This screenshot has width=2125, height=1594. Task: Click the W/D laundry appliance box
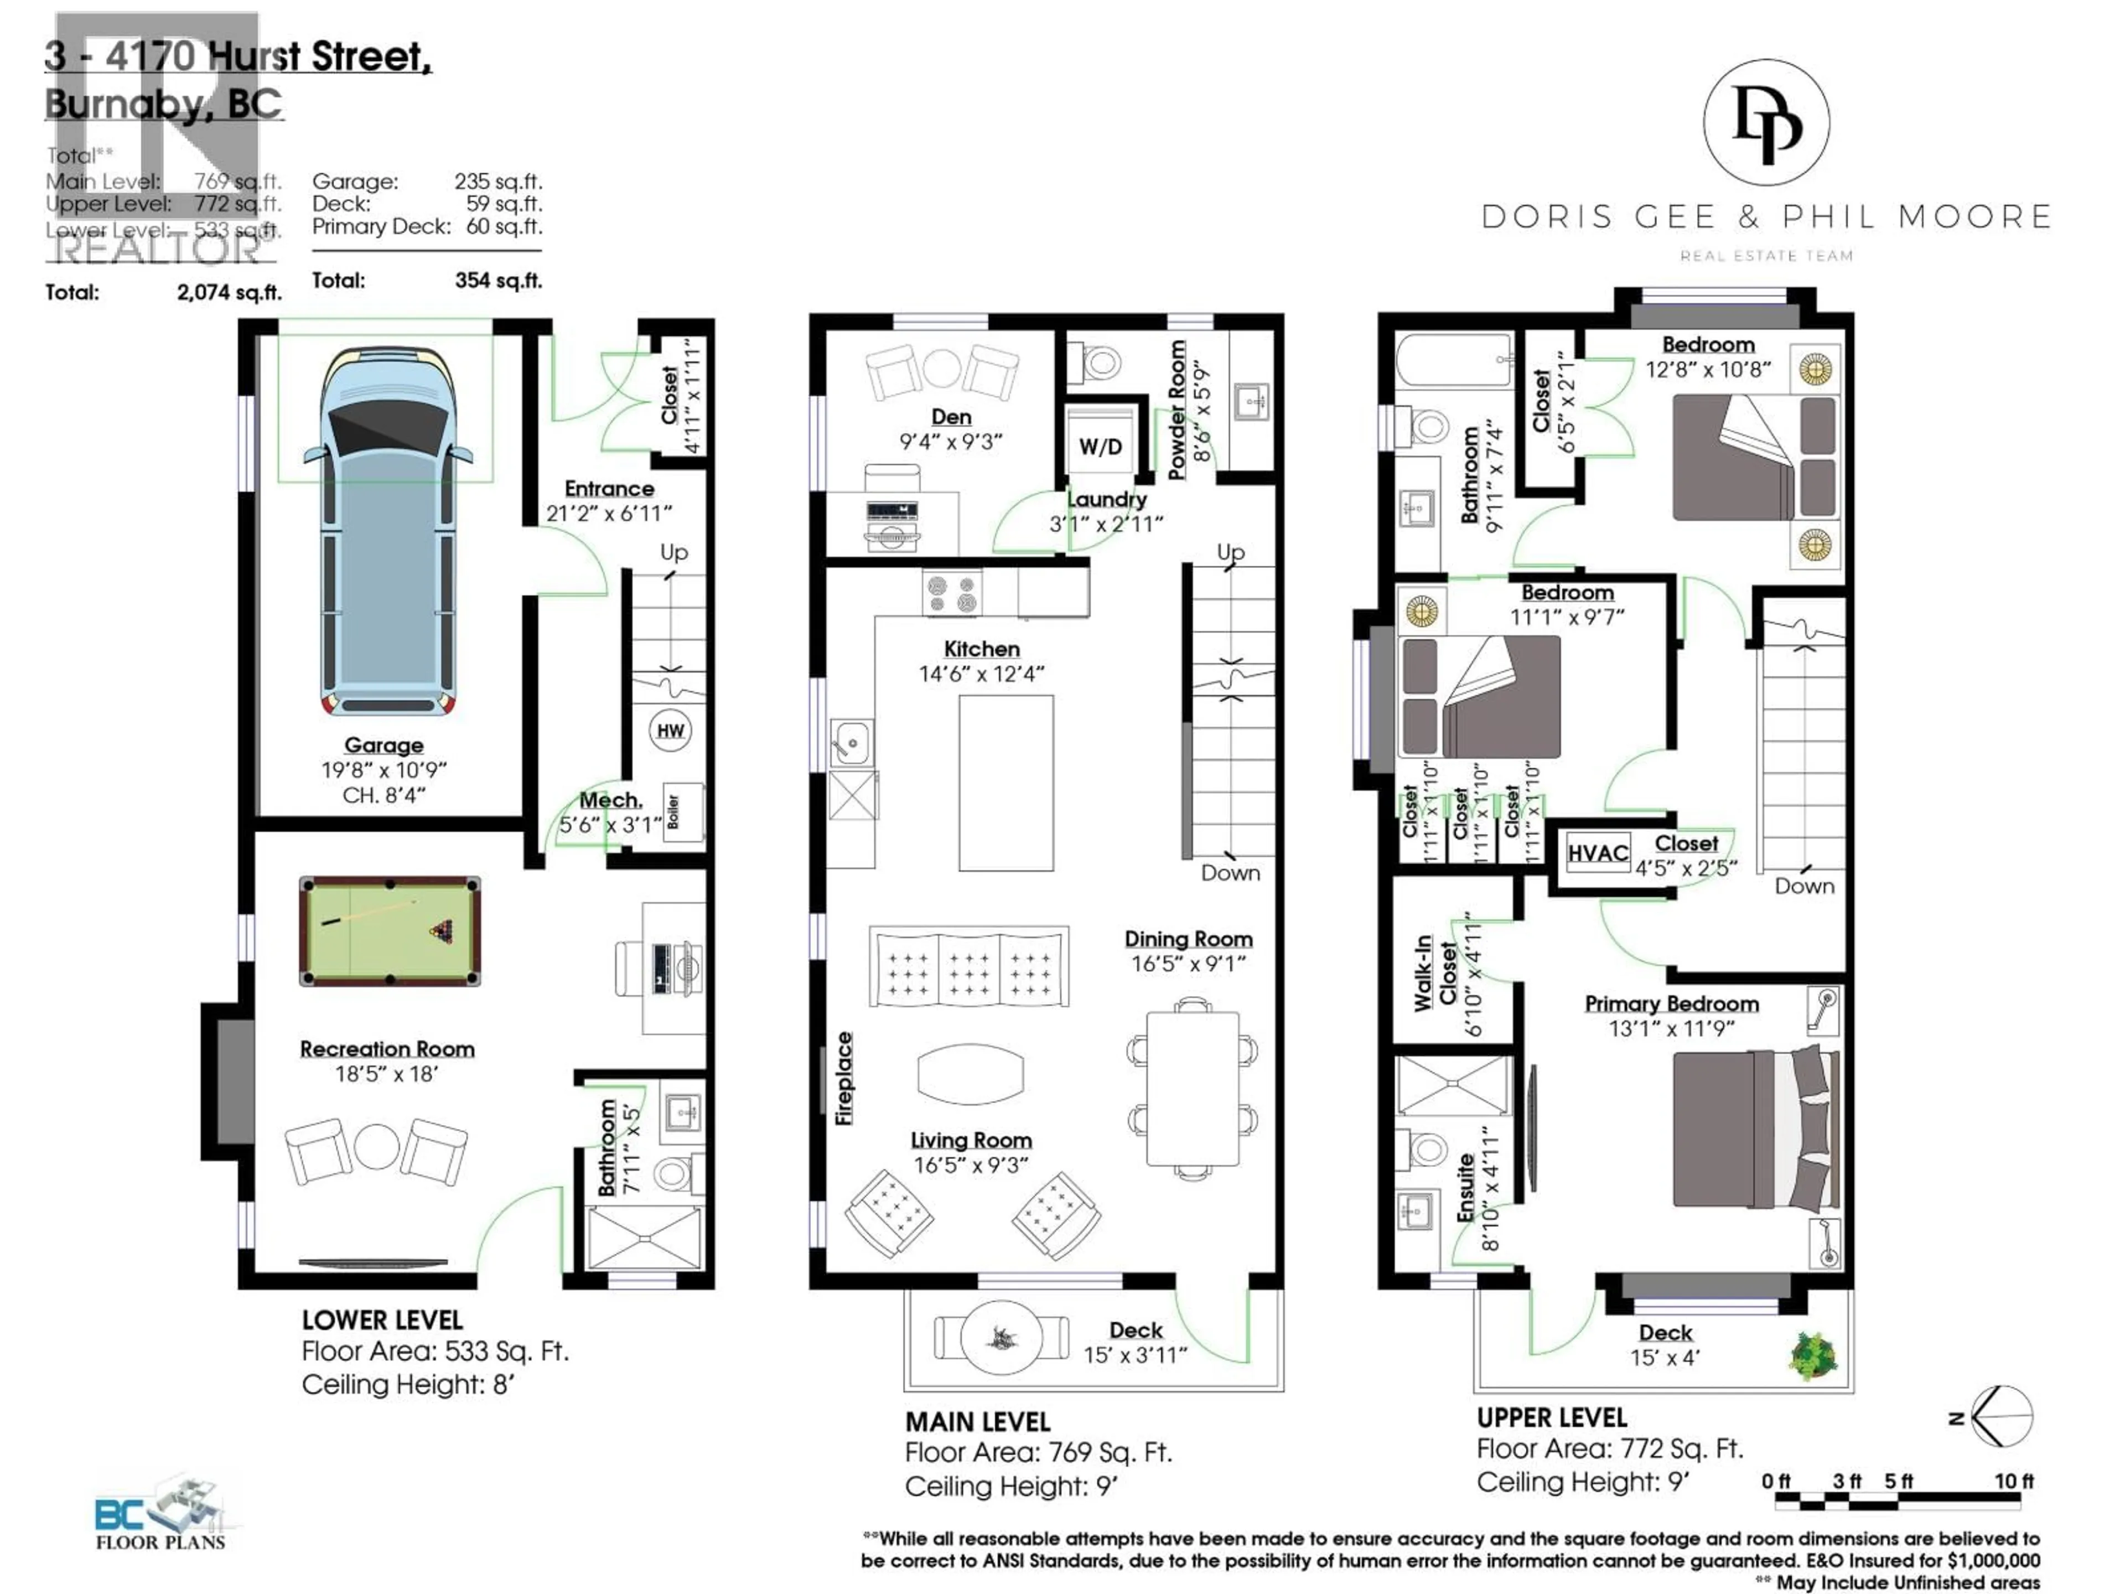pyautogui.click(x=1100, y=445)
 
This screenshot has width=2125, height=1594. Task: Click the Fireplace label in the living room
pyautogui.click(x=843, y=1078)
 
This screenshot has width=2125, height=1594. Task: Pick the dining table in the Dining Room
pyautogui.click(x=1192, y=1088)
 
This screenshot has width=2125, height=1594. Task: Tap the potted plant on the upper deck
pyautogui.click(x=1813, y=1355)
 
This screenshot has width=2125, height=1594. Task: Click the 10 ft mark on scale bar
pyautogui.click(x=2014, y=1481)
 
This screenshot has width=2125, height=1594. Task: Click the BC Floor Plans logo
pyautogui.click(x=160, y=1515)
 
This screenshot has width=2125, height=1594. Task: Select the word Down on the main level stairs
pyautogui.click(x=1230, y=872)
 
